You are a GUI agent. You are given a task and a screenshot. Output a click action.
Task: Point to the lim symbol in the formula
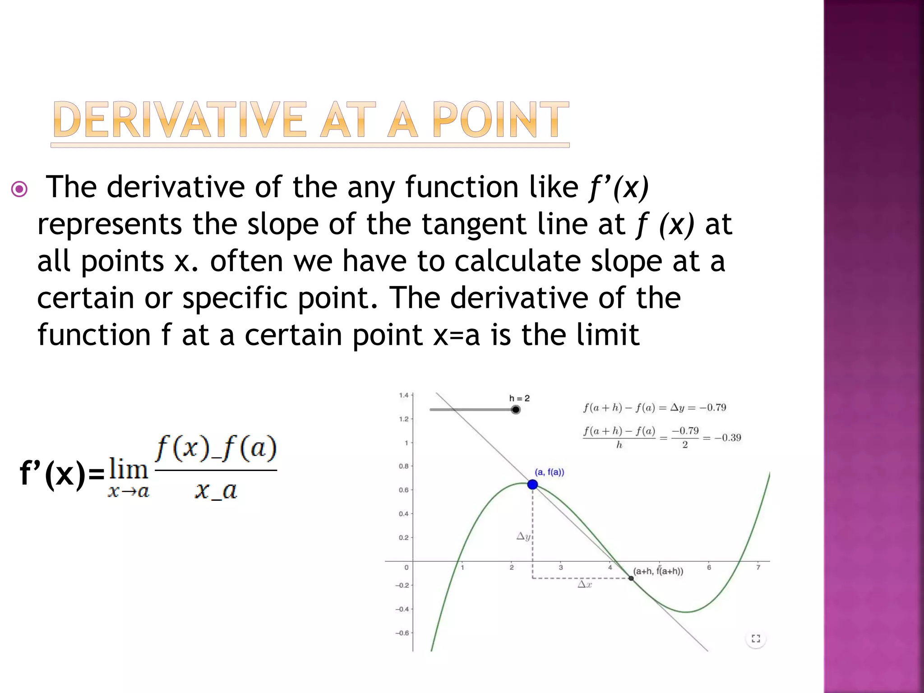[129, 470]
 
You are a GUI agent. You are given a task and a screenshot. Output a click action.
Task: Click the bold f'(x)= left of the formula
[62, 475]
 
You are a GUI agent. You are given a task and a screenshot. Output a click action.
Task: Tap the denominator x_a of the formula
[216, 490]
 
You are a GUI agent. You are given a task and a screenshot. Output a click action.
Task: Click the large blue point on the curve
[532, 485]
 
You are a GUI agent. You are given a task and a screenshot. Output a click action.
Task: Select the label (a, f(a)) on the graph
[549, 472]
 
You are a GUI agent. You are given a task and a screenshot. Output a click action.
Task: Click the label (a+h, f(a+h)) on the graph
[658, 571]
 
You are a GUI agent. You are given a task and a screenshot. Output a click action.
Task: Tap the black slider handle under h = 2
[516, 410]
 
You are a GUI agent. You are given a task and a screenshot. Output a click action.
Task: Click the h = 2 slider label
[519, 398]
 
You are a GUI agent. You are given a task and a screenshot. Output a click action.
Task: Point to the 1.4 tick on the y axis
[403, 396]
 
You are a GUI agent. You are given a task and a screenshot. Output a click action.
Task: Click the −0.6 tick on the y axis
[402, 633]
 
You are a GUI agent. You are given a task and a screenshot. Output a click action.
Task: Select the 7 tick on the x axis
[758, 568]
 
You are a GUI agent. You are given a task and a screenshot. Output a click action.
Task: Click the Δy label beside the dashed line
[523, 536]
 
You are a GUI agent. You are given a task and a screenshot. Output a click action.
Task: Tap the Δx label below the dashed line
[585, 585]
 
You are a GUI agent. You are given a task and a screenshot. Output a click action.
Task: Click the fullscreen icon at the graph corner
[756, 638]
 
